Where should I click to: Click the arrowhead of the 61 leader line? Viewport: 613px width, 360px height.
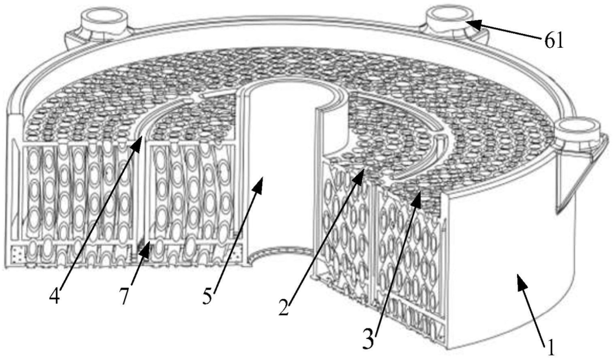[x=470, y=22]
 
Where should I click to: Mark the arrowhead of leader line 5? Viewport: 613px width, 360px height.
[x=261, y=178]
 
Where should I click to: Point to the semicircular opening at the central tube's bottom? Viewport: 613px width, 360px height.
[x=275, y=256]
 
